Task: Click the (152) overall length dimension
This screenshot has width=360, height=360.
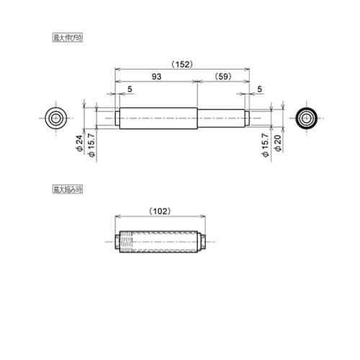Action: [x=182, y=64]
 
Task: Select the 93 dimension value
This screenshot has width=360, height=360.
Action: [x=156, y=77]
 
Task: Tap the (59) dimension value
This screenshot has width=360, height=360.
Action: [x=223, y=77]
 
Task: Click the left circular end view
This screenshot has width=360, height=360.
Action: [x=55, y=117]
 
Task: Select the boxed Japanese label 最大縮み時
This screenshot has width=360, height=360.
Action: [x=67, y=190]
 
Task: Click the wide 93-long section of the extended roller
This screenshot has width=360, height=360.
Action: [x=157, y=117]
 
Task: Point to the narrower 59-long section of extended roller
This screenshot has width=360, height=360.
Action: [x=221, y=117]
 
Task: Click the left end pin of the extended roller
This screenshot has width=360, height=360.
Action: [x=116, y=117]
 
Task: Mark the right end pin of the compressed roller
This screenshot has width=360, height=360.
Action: [x=204, y=240]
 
